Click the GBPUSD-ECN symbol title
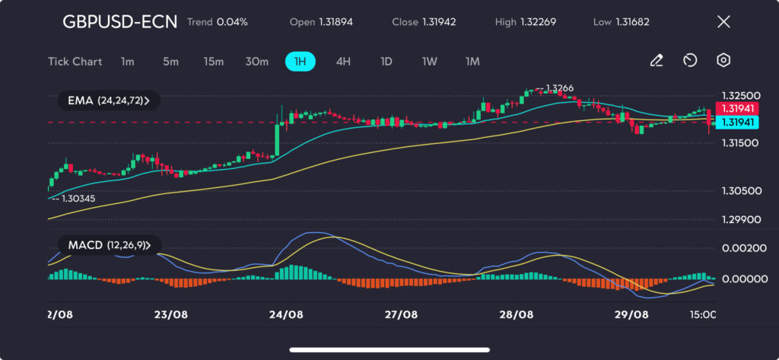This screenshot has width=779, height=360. click(x=119, y=22)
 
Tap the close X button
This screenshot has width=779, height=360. click(x=723, y=22)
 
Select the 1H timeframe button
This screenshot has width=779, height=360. click(x=300, y=62)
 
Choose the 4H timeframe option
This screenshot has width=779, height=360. click(x=343, y=62)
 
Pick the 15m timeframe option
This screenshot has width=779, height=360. click(x=213, y=62)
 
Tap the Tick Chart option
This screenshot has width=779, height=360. click(x=75, y=62)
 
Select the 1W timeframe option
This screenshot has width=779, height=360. click(x=430, y=62)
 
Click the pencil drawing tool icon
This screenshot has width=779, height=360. click(x=657, y=61)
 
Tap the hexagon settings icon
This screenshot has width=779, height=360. click(x=723, y=61)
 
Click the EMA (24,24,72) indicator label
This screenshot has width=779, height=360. click(x=108, y=100)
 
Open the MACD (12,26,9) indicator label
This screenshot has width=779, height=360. click(x=108, y=245)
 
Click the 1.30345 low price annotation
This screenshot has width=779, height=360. click(x=78, y=198)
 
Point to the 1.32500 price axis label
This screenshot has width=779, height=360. click(x=739, y=96)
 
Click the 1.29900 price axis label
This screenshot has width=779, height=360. click(x=739, y=219)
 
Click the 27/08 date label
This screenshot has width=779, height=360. click(x=401, y=314)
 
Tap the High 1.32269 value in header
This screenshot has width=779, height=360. click(x=525, y=22)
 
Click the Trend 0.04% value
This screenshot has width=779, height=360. click(x=217, y=22)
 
